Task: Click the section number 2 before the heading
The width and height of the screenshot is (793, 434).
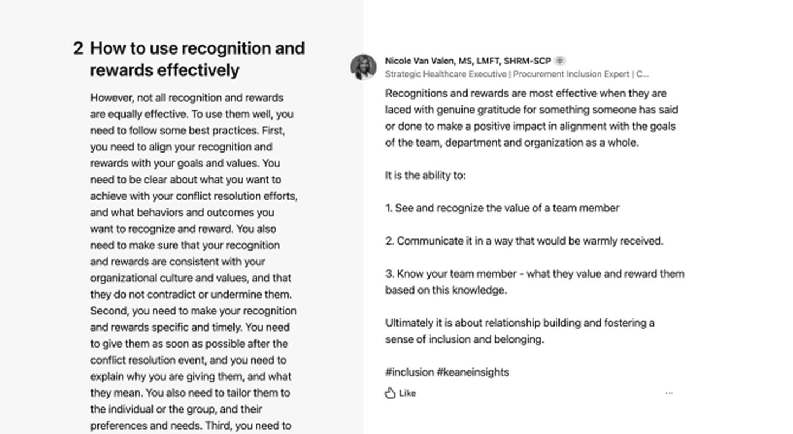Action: (78, 48)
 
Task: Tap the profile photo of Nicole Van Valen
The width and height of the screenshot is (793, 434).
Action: (363, 67)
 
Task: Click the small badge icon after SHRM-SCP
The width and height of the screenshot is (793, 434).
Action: (560, 61)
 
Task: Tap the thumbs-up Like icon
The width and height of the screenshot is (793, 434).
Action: (390, 393)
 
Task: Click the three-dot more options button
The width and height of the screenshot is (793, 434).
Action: (669, 393)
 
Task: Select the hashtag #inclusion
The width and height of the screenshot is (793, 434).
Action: (410, 372)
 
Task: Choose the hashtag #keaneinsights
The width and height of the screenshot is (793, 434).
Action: (473, 372)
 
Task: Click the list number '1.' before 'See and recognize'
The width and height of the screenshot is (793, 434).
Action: (389, 208)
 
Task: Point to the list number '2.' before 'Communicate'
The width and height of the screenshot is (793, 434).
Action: (390, 241)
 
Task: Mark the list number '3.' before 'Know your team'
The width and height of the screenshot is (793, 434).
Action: (390, 274)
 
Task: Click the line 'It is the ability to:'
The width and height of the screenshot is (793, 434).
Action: (425, 176)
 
